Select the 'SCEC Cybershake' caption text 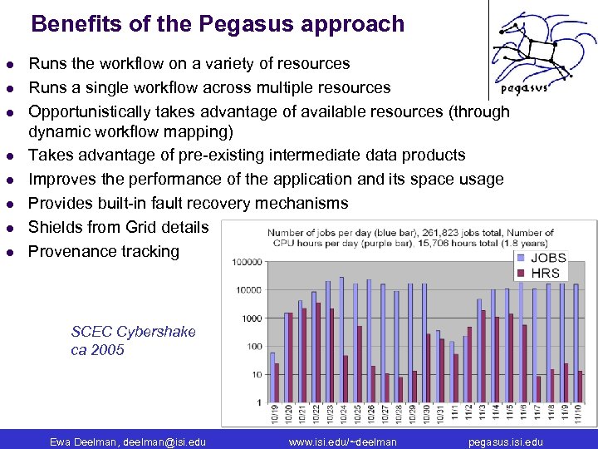tap(134, 332)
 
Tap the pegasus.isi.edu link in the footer tap(506, 442)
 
